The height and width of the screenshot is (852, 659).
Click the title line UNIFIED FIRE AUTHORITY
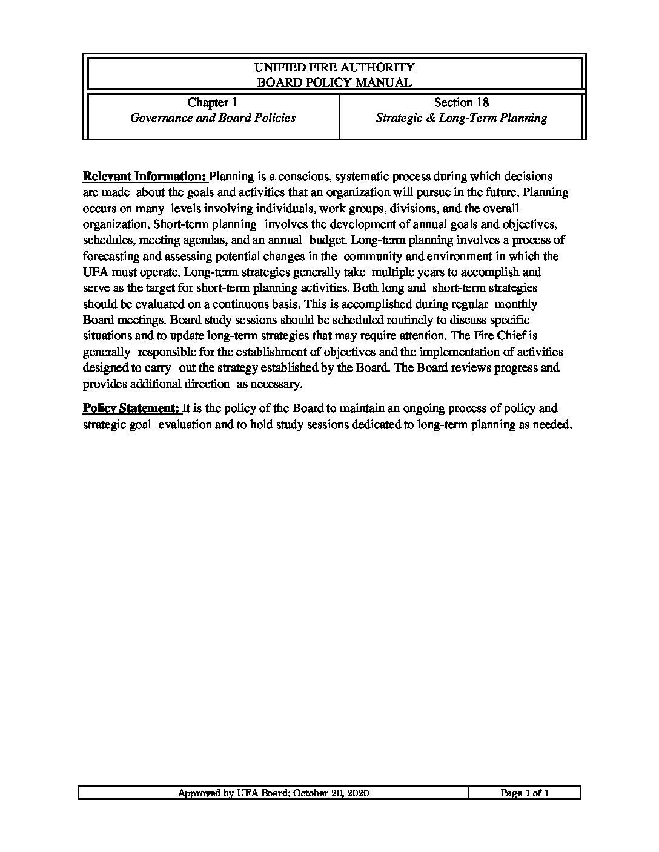334,67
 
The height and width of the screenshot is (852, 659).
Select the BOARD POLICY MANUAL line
334,83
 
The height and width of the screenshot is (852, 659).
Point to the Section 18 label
461,103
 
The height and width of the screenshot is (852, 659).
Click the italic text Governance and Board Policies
213,118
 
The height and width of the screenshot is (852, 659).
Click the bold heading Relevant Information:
145,177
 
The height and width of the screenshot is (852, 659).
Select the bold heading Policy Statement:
131,408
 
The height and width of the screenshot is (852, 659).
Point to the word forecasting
111,256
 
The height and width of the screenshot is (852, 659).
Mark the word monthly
516,304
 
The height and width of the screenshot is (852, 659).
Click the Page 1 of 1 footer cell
525,793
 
